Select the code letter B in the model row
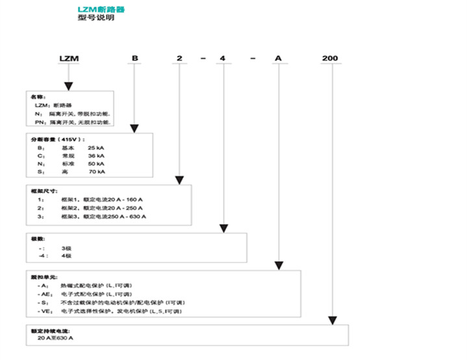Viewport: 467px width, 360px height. [x=135, y=59]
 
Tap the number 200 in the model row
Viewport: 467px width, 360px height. [x=330, y=59]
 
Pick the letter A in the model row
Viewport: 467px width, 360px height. [x=279, y=59]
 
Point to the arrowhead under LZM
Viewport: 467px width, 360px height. [x=68, y=87]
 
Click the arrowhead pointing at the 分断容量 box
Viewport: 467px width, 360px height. [x=135, y=129]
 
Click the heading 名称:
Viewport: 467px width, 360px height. [x=39, y=97]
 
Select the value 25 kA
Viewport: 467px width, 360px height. [x=96, y=148]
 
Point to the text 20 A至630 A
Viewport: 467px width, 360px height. [x=55, y=338]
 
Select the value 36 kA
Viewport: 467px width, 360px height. [x=96, y=157]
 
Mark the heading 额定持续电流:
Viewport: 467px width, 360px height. [x=50, y=330]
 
